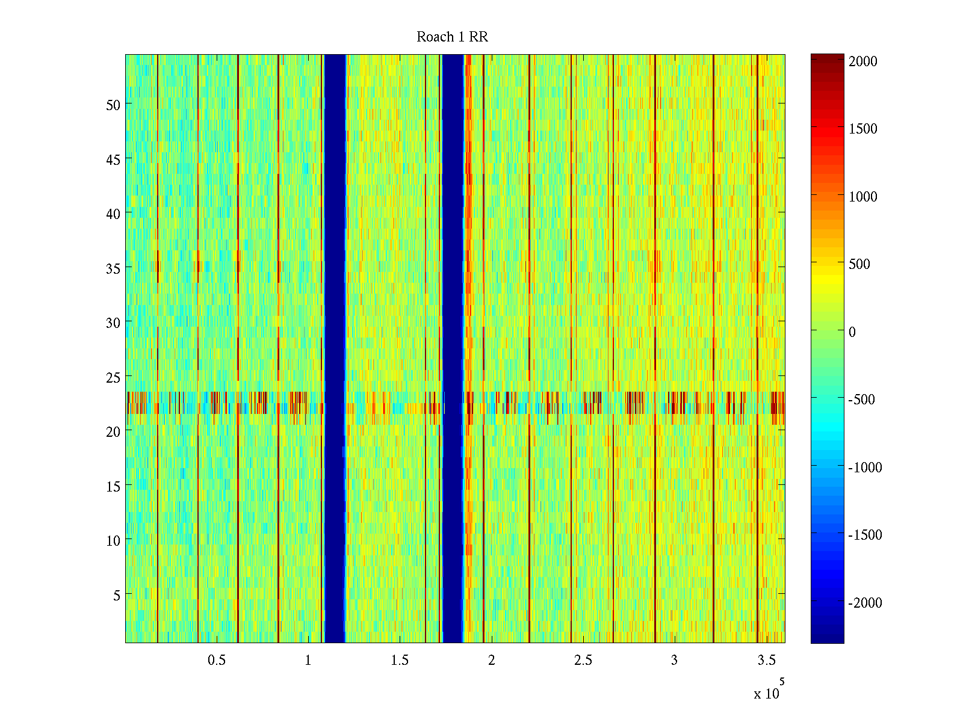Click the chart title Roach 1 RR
452,37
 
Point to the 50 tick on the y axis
113,105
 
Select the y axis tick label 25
113,377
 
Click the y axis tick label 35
113,268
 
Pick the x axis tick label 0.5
217,660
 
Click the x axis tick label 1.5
400,660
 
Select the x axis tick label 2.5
583,660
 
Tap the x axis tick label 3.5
766,660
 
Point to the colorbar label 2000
863,61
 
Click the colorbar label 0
852,332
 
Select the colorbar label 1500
863,129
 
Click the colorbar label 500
859,264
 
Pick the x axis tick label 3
674,660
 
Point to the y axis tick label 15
113,486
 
